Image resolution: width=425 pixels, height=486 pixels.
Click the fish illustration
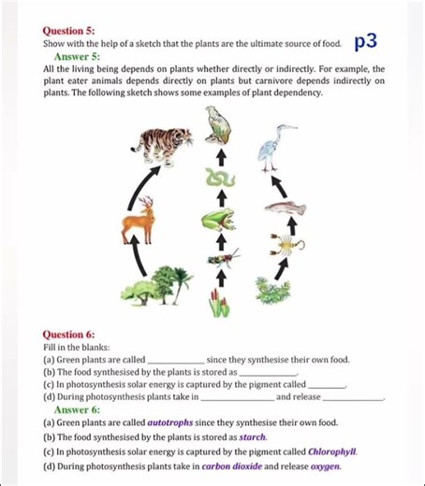click(x=285, y=208)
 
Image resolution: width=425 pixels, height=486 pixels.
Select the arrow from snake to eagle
click(x=221, y=150)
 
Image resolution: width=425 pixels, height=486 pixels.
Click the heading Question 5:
click(x=68, y=30)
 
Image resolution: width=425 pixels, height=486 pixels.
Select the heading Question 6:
click(x=68, y=334)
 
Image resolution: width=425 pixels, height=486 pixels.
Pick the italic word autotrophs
click(x=151, y=422)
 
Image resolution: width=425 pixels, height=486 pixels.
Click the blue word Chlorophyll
click(x=333, y=450)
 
